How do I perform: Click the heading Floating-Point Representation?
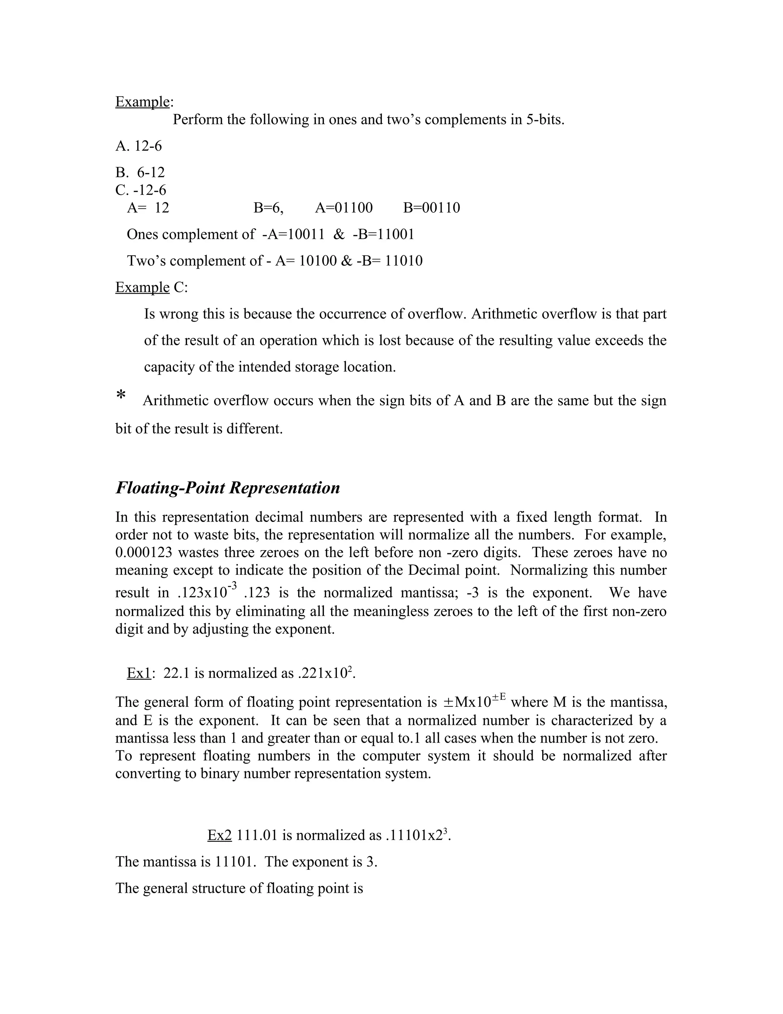click(227, 488)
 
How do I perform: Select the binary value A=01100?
click(344, 207)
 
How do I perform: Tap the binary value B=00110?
click(431, 207)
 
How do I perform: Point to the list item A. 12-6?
click(139, 146)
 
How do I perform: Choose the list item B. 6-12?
click(140, 173)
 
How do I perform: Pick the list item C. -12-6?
click(141, 190)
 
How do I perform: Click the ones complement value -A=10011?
click(293, 234)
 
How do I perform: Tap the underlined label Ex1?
click(139, 673)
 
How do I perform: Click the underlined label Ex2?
click(219, 835)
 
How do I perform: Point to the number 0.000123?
click(144, 553)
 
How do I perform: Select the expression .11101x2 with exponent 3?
click(417, 835)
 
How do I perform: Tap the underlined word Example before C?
click(142, 287)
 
